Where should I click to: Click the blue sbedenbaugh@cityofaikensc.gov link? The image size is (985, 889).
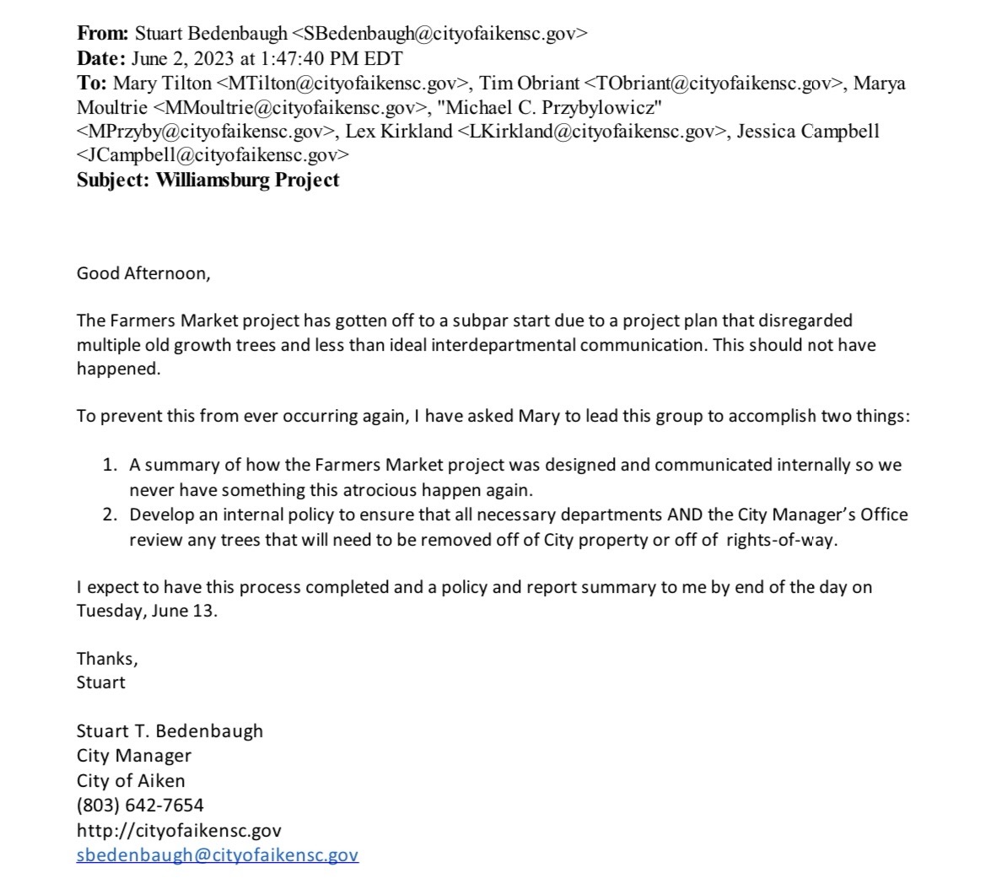pos(217,854)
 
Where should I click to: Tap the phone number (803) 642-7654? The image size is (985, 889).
pos(140,805)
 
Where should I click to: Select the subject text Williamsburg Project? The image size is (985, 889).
pos(248,180)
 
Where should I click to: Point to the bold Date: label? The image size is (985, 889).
pos(100,58)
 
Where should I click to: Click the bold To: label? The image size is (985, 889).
pos(93,83)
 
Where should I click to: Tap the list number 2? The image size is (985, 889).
pos(109,515)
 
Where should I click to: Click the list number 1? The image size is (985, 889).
pos(109,465)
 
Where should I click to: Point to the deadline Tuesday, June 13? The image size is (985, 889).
pos(147,612)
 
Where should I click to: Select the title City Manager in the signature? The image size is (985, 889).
pos(133,756)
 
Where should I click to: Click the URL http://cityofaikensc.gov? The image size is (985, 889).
pos(179,830)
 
